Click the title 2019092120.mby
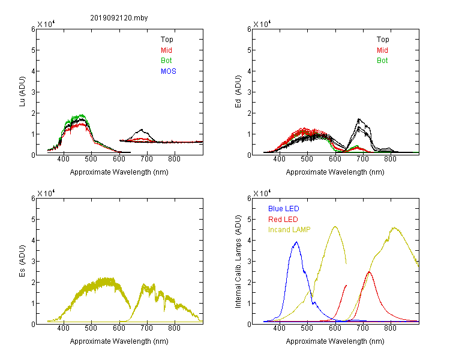coord(119,18)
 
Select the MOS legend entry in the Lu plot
coord(169,71)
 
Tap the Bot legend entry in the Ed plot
coord(382,61)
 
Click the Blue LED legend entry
coord(284,209)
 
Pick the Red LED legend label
coord(283,220)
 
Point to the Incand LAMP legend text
coord(289,230)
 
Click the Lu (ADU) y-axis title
coord(22,92)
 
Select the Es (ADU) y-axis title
coord(22,261)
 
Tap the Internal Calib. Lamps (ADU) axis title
coord(238,262)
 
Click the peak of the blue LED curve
coord(296,242)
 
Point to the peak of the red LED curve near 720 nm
coord(369,272)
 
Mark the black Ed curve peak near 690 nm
coord(359,119)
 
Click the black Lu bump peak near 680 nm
coord(142,130)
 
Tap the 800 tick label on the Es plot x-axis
coord(174,328)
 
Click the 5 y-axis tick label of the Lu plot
coord(33,50)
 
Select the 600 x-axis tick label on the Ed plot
coord(335,159)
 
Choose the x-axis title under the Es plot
coord(119,341)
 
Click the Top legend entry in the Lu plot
coord(167,40)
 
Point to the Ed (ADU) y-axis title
coord(238,92)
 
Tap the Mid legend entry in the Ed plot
coord(382,50)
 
